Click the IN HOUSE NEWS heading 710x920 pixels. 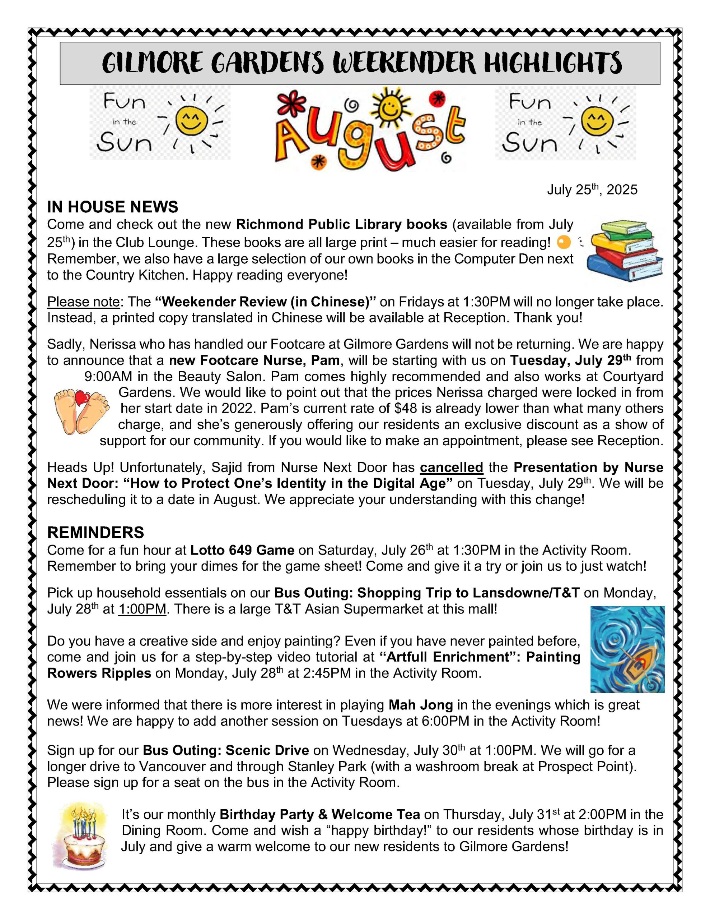tap(112, 207)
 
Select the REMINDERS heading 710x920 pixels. tap(95, 533)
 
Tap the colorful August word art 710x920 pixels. tap(370, 130)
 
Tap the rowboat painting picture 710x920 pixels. tap(627, 649)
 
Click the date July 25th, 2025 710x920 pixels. tap(592, 190)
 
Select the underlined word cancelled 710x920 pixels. tap(451, 468)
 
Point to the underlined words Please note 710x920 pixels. tap(83, 302)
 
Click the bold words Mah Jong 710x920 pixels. tap(420, 705)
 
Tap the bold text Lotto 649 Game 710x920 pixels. tap(242, 550)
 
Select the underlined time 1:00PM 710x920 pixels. tap(142, 609)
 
